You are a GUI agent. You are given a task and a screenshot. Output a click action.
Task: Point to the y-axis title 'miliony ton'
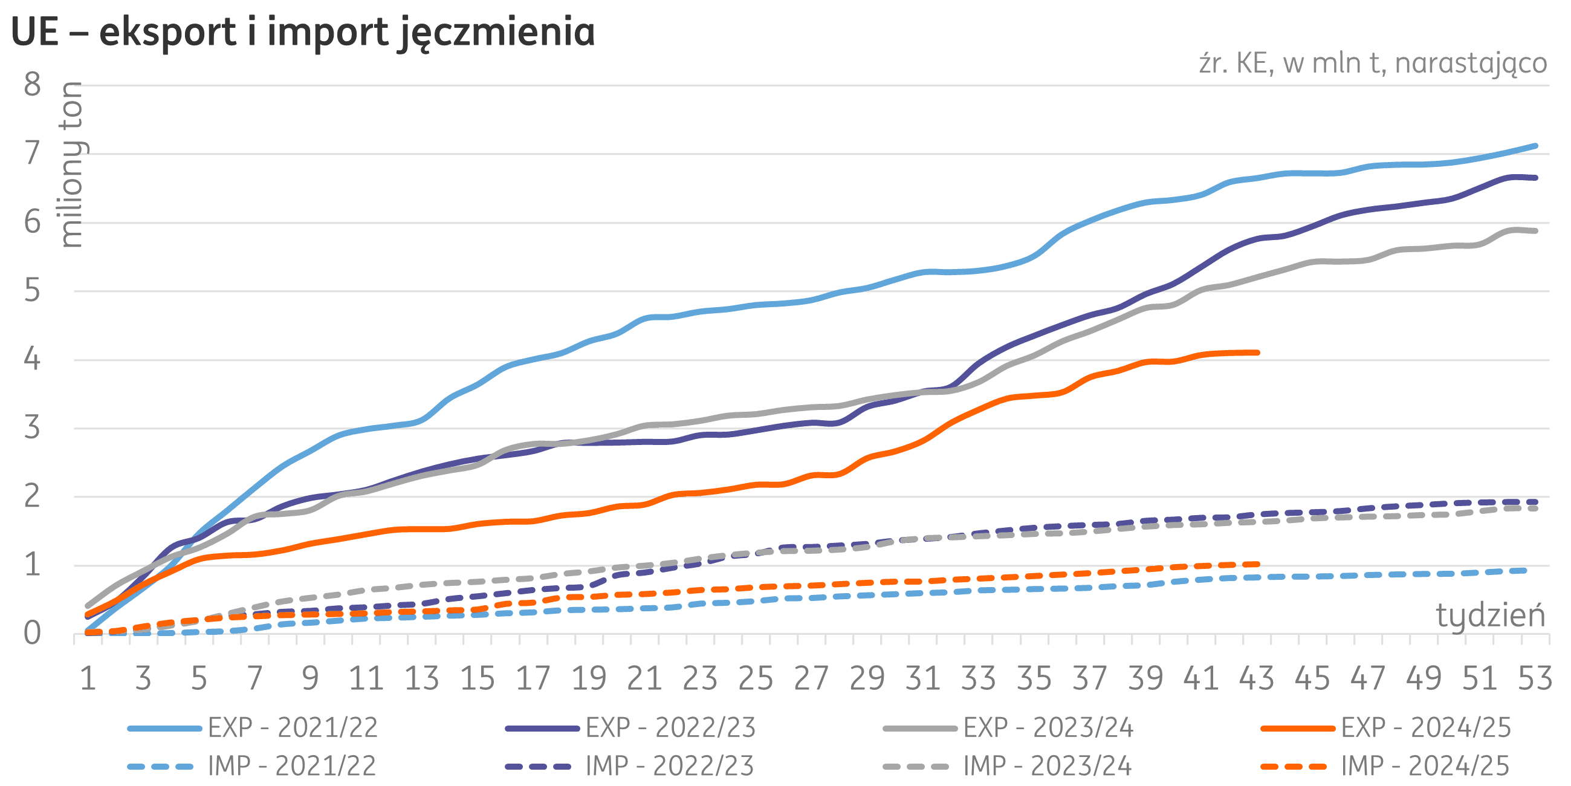(74, 165)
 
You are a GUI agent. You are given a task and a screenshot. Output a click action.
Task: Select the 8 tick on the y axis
(32, 85)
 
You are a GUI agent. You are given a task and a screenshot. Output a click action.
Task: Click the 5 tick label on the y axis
(32, 291)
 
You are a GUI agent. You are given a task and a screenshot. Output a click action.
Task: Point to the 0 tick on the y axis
(32, 634)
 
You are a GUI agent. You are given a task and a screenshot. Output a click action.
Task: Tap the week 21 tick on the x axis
(644, 678)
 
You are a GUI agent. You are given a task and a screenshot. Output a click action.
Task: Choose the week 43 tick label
(1257, 678)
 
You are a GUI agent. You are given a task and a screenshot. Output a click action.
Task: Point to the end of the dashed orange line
(1257, 565)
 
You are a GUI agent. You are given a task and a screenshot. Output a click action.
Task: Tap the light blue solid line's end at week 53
(1535, 146)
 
